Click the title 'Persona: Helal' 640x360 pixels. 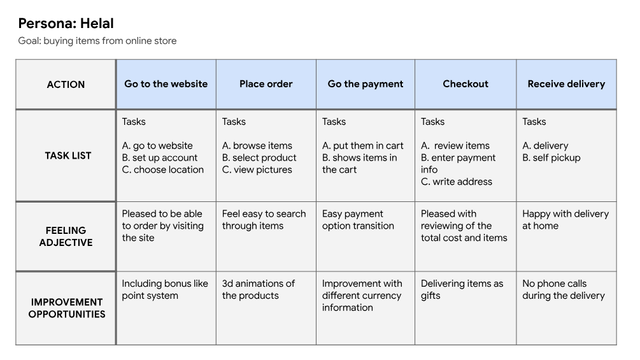66,24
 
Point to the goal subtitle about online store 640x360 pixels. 97,41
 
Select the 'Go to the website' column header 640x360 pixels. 166,83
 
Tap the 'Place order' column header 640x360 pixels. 266,83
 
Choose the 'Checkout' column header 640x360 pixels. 466,83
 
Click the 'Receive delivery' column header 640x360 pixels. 566,84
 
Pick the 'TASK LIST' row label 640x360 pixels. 68,155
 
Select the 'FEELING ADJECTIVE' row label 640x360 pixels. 66,236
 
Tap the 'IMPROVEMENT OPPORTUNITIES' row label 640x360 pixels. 66,308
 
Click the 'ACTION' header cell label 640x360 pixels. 66,85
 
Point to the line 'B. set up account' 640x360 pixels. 160,157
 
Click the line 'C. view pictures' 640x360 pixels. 257,169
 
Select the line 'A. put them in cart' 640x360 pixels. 362,146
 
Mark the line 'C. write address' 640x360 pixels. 457,182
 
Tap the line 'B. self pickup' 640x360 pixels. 551,157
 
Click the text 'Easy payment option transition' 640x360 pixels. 358,220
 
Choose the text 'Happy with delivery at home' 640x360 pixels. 565,220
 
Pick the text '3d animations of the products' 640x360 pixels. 259,289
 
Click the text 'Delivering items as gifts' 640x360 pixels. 462,289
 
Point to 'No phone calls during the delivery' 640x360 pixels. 564,289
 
